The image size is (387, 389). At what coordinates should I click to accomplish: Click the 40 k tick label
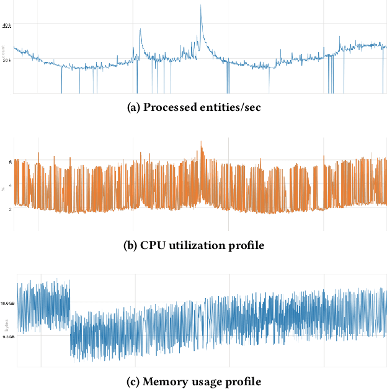click(x=7, y=25)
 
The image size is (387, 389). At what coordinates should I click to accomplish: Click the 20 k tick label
click(x=7, y=60)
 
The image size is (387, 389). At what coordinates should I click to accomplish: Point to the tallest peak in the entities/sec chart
click(x=201, y=6)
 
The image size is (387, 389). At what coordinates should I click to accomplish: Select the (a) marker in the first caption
click(x=133, y=107)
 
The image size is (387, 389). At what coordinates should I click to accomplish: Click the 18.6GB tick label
click(x=8, y=304)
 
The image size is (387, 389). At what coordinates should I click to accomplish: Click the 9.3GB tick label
click(x=9, y=337)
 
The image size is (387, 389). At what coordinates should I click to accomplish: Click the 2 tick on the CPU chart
click(x=10, y=209)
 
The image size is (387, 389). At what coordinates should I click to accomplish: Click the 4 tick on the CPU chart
click(x=10, y=185)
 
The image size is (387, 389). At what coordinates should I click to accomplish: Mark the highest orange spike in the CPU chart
click(x=201, y=142)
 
